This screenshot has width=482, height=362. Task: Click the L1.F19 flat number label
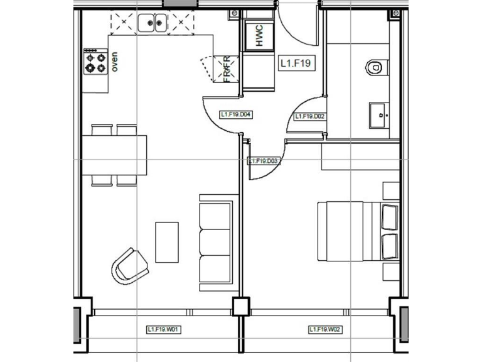[296, 63]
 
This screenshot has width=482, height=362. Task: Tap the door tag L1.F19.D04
[236, 114]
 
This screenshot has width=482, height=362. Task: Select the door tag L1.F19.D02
[310, 116]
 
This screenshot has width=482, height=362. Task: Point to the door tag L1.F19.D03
[263, 161]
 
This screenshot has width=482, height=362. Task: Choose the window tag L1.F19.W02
[325, 329]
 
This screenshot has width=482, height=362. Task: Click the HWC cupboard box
[257, 36]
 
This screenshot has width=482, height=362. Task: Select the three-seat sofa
[215, 242]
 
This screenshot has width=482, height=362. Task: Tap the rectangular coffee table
[167, 241]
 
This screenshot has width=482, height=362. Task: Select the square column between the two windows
[239, 308]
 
